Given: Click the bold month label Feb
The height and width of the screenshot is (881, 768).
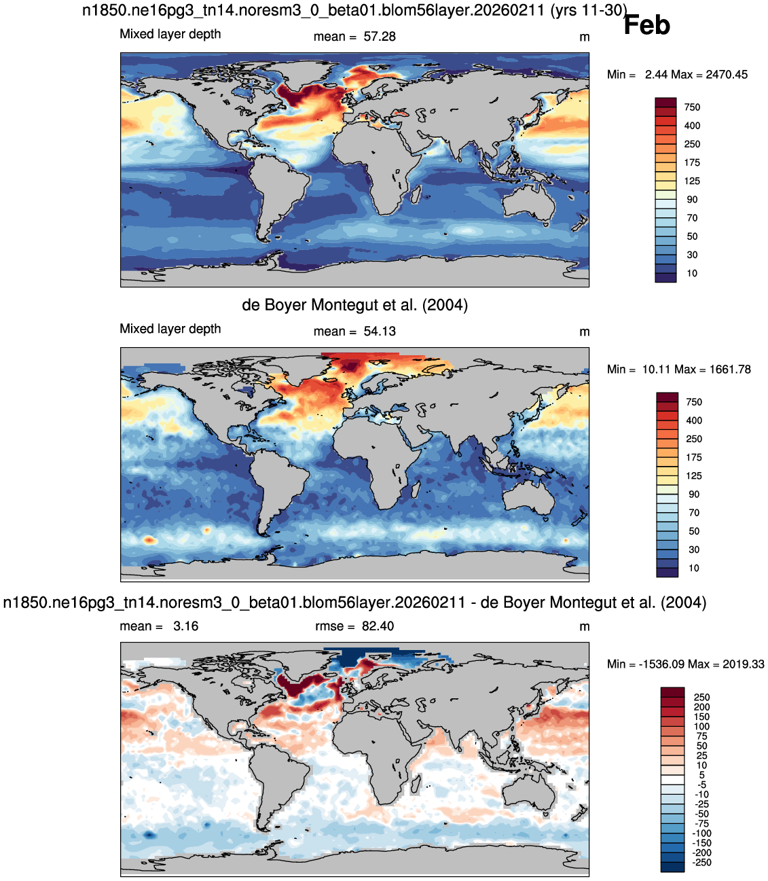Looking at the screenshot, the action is point(646,25).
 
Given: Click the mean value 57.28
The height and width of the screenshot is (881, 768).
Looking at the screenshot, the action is point(380,37).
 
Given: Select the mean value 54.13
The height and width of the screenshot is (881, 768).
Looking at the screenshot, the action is point(380,331).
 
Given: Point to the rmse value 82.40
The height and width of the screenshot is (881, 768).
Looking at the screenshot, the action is point(378,626).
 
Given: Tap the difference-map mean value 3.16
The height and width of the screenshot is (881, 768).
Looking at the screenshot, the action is point(185,626).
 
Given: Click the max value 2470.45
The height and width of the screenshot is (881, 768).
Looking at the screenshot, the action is point(727,75).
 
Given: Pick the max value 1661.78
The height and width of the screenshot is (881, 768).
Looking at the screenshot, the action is point(729,369).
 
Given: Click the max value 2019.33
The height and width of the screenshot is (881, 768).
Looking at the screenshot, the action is point(744,664).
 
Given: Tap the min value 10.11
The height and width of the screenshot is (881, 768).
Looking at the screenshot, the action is point(656,369).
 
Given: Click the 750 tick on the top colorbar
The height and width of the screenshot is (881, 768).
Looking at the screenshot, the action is point(692,107).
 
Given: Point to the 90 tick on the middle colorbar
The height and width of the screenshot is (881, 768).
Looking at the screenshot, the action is point(693,494).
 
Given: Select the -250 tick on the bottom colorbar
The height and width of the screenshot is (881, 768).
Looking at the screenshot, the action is point(701,862).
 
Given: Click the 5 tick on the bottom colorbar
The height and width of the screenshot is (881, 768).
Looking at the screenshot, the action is point(701,774).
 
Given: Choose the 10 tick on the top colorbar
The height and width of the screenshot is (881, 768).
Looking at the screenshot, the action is point(692,273).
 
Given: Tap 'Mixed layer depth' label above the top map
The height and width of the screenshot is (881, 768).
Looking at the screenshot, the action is point(170,34).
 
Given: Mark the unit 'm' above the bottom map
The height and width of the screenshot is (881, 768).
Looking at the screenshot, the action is point(584,626).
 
